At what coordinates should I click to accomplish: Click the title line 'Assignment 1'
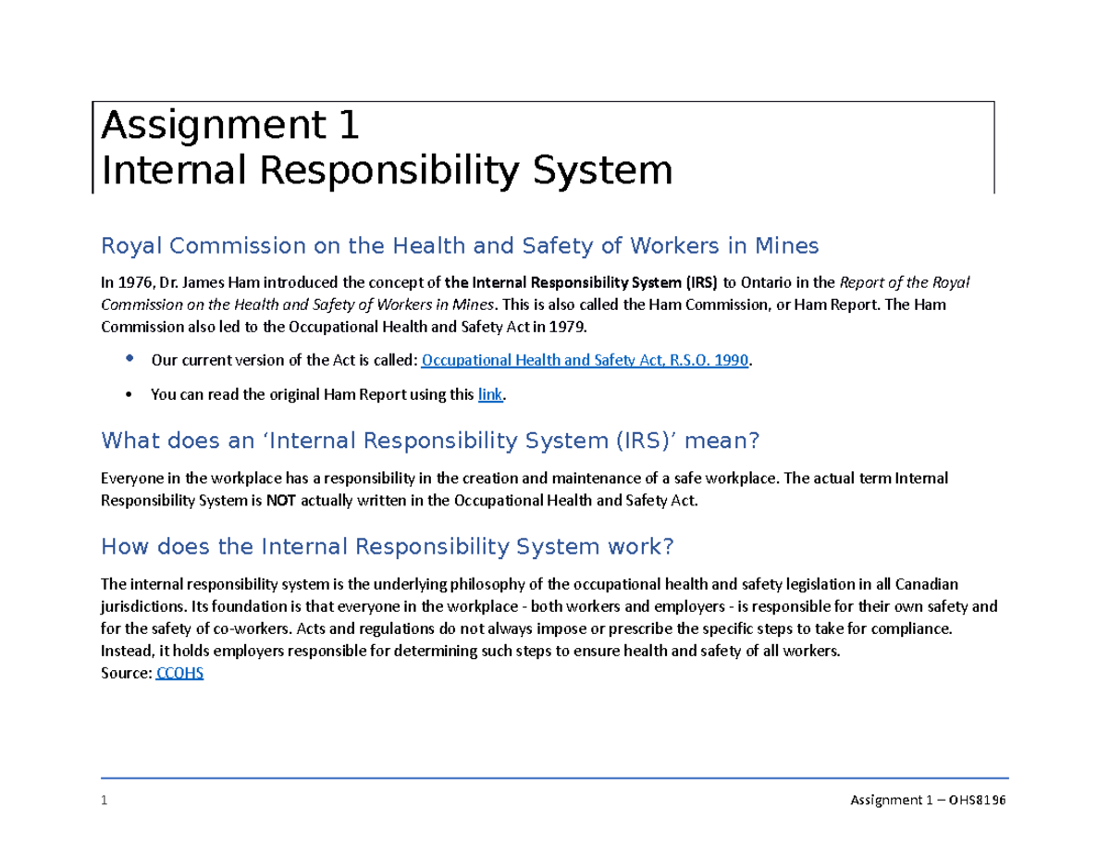point(230,125)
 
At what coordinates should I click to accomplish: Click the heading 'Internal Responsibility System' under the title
point(387,170)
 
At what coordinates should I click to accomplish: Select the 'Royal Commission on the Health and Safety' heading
point(460,246)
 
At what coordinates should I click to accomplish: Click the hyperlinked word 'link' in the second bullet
point(489,394)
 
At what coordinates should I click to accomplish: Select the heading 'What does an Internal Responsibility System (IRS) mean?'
point(429,441)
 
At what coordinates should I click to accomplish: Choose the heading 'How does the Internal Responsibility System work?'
point(387,547)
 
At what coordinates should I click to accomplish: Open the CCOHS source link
point(180,674)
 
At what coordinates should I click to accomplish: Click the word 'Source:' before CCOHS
point(126,674)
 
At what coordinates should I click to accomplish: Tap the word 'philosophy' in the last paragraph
point(512,584)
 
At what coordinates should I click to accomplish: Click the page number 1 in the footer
point(105,801)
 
